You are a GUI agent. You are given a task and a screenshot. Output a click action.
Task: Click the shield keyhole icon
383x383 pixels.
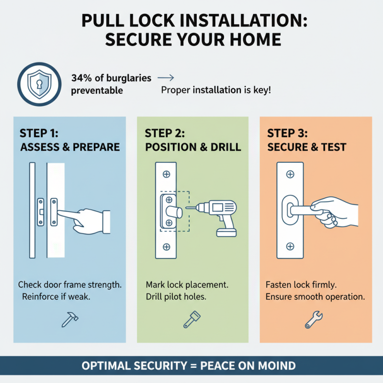coord(39,84)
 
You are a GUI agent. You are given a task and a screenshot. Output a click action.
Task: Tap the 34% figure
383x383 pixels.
coord(81,78)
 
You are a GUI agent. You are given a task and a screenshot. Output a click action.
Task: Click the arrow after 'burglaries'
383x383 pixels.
coord(166,78)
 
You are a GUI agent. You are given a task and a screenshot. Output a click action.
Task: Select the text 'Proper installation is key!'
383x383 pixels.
coord(216,90)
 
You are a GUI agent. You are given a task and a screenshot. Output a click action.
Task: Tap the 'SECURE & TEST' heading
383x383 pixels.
coord(306,147)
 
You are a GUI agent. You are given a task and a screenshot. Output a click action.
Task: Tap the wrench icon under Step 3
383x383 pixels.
coord(314,319)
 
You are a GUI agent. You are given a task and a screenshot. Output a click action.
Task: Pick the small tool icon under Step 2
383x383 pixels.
coord(189,319)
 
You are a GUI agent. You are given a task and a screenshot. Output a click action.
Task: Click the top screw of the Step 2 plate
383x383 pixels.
coord(166,174)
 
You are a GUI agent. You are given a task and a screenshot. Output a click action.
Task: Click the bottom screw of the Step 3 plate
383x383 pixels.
coord(290,247)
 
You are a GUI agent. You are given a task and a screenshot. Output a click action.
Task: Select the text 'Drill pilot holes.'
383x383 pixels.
coord(176,297)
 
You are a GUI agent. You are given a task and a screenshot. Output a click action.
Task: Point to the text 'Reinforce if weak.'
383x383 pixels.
coord(56,297)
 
